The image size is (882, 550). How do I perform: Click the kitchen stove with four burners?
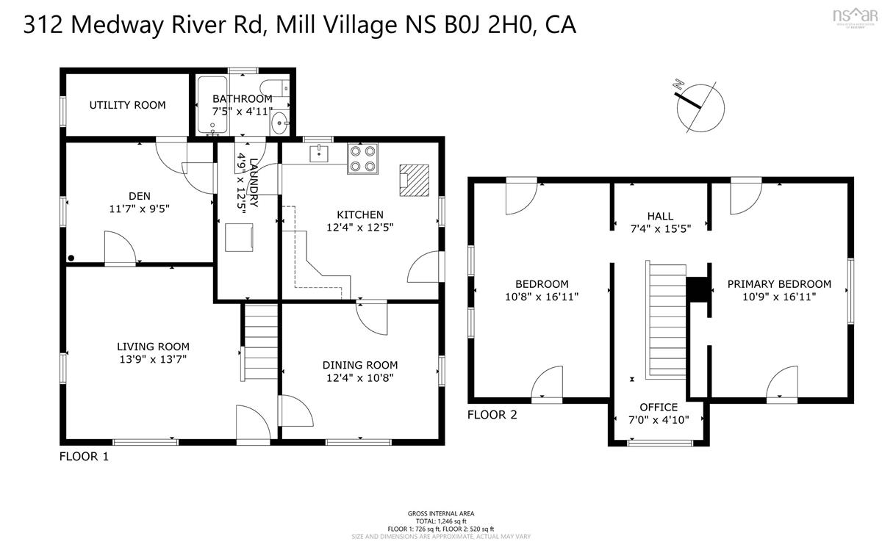[x=363, y=158]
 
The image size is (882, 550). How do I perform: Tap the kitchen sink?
[x=320, y=153]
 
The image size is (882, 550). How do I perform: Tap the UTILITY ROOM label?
[x=127, y=105]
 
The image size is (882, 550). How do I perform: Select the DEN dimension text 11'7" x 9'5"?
[x=139, y=209]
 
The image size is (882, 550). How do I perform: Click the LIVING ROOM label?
[x=153, y=347]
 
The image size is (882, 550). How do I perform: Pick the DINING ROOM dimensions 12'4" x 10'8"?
[x=360, y=378]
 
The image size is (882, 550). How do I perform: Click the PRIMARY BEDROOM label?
[x=779, y=284]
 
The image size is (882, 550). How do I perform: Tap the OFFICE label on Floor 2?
[x=659, y=407]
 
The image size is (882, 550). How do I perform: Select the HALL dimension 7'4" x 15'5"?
[x=660, y=229]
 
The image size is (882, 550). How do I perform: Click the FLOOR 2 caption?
[x=492, y=415]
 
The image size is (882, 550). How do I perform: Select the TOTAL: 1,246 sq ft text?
[x=441, y=521]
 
